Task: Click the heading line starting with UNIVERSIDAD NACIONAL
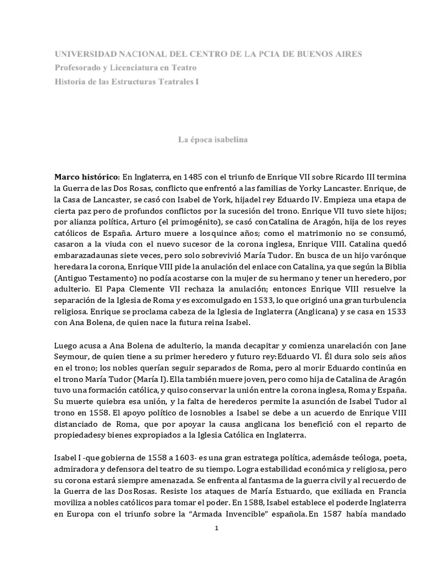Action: (208, 54)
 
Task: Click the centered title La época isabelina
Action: (218, 139)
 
